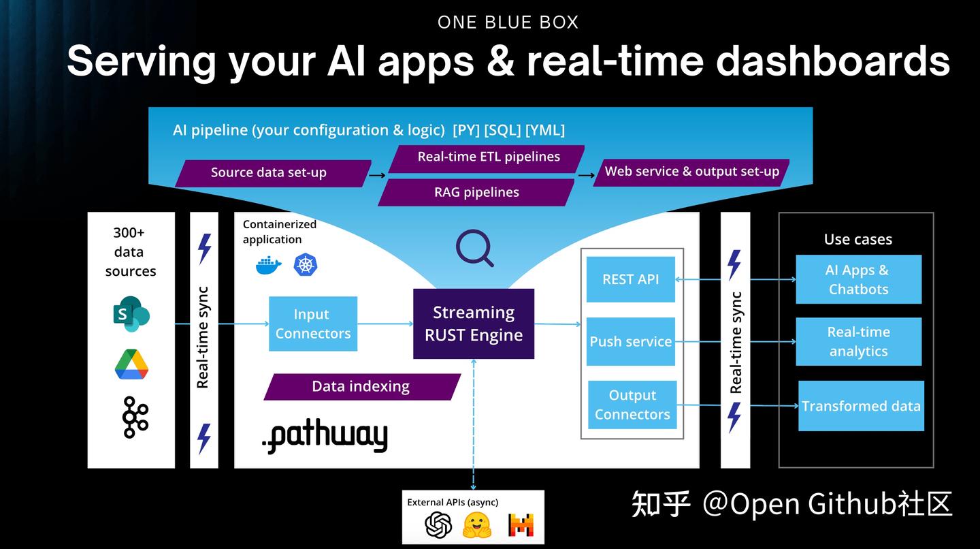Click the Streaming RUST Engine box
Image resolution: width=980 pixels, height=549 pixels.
pos(474,324)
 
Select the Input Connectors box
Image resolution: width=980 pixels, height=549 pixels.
pos(313,324)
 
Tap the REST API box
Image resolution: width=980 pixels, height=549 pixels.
pos(630,279)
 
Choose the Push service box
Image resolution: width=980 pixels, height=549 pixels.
pos(630,342)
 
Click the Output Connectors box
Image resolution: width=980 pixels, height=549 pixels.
pos(632,405)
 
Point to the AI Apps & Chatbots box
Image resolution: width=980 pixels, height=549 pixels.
pos(858,279)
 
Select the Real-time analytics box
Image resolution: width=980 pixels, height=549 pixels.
pos(858,341)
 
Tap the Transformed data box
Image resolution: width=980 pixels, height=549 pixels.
pos(861,406)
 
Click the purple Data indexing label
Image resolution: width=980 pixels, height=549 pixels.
pos(361,386)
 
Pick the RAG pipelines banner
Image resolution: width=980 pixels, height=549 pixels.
pos(476,192)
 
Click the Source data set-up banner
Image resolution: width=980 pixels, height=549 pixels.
pos(272,173)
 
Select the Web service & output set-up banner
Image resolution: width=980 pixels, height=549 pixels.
pos(691,172)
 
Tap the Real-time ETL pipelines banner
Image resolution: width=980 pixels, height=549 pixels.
pos(487,157)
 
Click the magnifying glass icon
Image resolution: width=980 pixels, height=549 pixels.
pos(474,248)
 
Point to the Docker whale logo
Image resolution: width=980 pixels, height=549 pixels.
pos(269,265)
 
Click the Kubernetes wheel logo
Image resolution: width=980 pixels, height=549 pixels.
pos(306,264)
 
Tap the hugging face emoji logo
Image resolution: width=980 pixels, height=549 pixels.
pos(477,524)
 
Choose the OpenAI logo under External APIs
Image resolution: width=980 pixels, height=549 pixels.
pos(438,524)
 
